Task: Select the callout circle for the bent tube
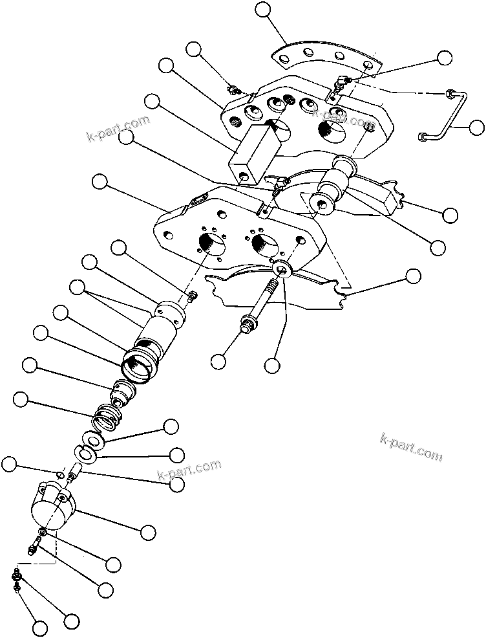tap(476, 127)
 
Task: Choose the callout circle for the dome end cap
tap(148, 532)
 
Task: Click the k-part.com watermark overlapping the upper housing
tap(343, 118)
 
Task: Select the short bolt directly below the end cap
tap(34, 547)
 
